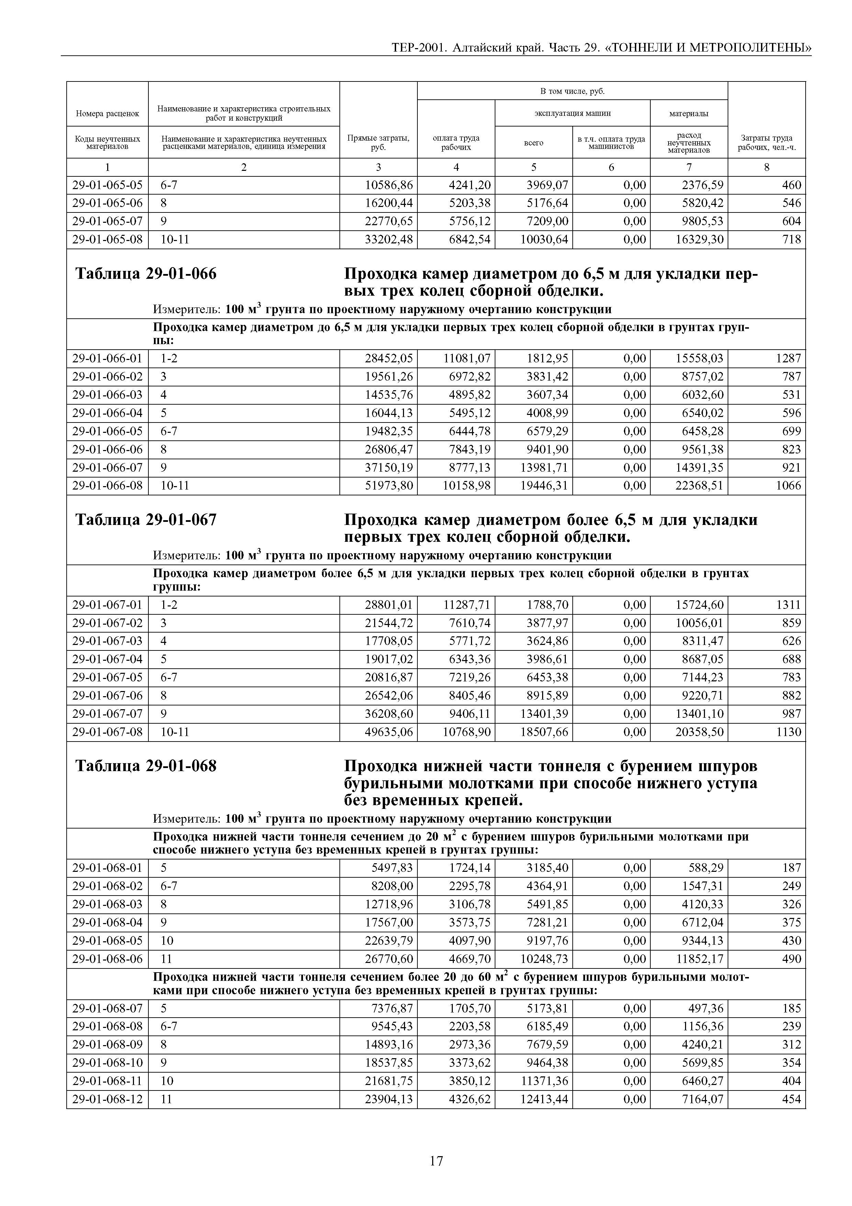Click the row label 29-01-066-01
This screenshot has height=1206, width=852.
107,359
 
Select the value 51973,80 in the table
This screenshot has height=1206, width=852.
389,486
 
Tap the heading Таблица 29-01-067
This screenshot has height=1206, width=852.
146,520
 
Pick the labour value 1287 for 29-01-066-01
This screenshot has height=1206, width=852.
788,359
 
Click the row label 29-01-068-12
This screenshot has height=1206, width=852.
107,1099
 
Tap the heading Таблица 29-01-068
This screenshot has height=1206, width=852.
146,766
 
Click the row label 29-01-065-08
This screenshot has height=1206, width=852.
107,240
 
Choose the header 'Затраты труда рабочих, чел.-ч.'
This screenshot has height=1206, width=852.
766,142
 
